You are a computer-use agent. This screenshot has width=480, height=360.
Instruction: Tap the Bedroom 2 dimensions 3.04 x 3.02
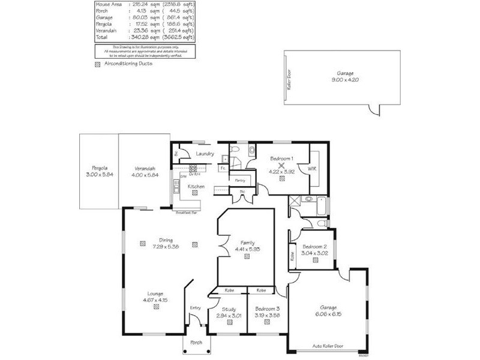(314, 253)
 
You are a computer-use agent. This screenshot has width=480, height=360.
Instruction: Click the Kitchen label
(196, 187)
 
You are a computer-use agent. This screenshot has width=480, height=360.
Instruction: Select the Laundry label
(205, 154)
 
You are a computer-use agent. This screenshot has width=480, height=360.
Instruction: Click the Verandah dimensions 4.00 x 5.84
(145, 174)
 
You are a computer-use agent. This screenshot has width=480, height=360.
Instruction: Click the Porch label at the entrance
(196, 343)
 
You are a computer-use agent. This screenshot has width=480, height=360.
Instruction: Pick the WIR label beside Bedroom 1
(312, 169)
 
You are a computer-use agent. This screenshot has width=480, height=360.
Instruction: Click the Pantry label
(240, 179)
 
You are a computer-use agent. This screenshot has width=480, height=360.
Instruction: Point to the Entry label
(194, 308)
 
